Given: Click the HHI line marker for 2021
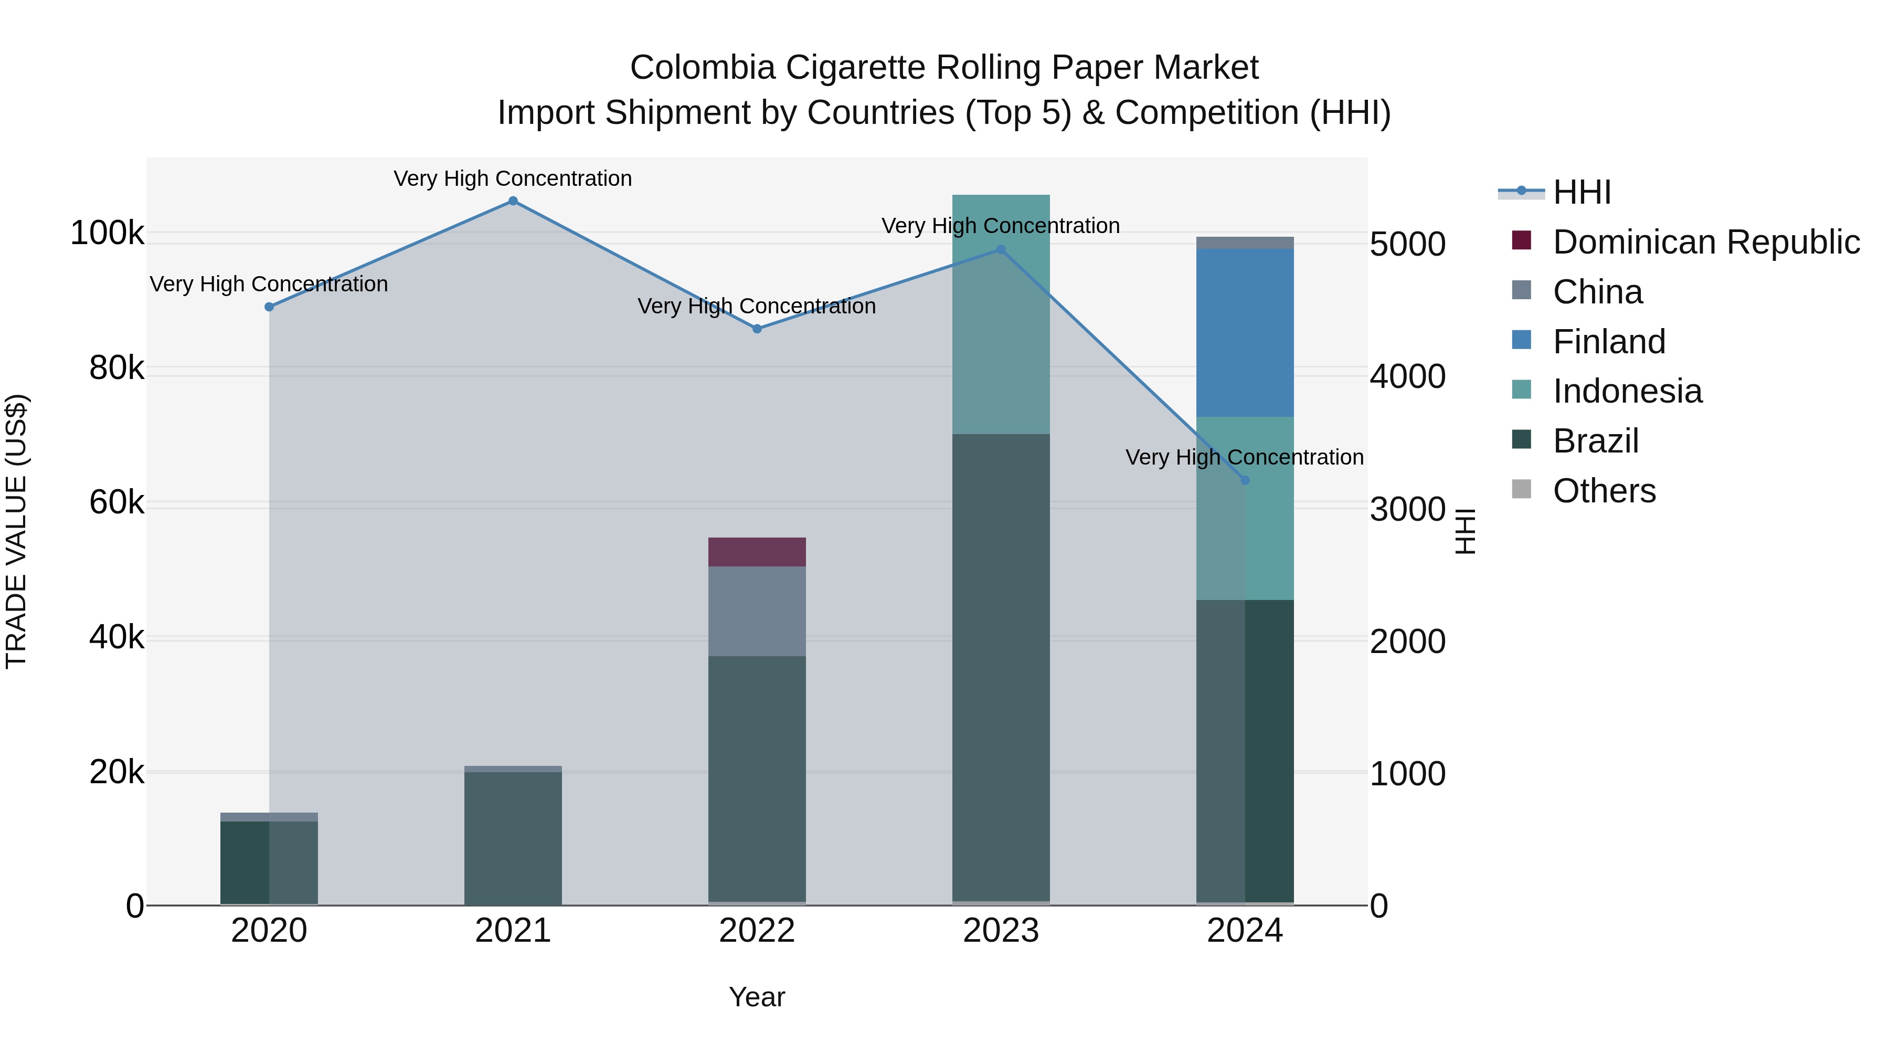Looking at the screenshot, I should [513, 201].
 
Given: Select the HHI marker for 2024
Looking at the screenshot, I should [1245, 480].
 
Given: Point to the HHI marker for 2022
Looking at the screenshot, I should [757, 329].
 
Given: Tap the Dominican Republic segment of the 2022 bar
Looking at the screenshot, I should [757, 552].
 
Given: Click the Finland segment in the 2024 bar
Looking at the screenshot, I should [1245, 332].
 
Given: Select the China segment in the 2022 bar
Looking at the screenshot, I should [757, 611].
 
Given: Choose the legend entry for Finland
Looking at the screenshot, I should [1609, 342].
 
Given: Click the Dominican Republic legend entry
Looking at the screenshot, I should [1706, 242].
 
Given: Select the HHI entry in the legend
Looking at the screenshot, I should [1582, 192].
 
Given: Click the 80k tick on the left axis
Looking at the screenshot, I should [116, 369].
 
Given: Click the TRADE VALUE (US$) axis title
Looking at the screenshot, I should [16, 531].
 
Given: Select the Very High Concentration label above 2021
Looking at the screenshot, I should [513, 179].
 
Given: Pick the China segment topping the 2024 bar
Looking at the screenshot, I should [1245, 243].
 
